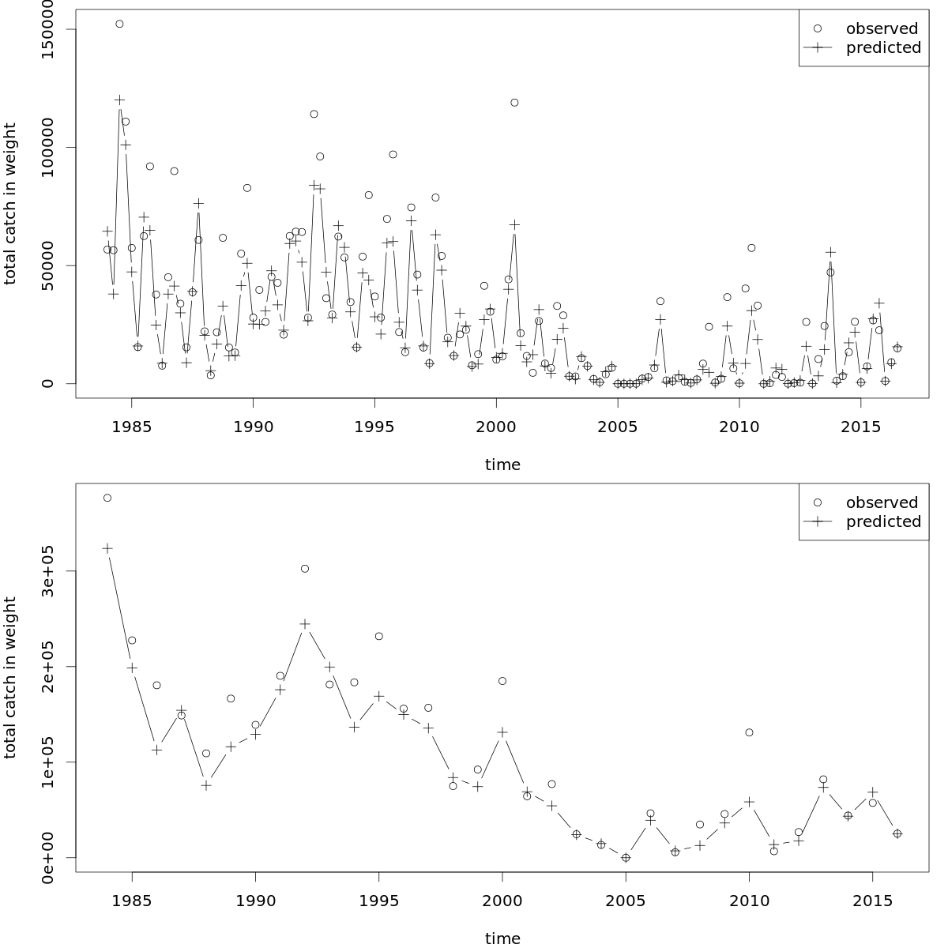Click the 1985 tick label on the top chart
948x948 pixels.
pyautogui.click(x=131, y=427)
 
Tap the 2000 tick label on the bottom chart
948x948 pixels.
pyautogui.click(x=502, y=901)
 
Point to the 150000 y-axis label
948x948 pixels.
pyautogui.click(x=47, y=29)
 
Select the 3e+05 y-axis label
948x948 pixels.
pyautogui.click(x=47, y=571)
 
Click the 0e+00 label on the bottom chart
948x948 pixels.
pyautogui.click(x=47, y=858)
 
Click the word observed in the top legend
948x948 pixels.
pyautogui.click(x=882, y=28)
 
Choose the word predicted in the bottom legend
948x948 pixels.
pyautogui.click(x=883, y=521)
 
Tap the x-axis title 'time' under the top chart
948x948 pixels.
pyautogui.click(x=502, y=465)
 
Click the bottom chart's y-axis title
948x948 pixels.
pyautogui.click(x=9, y=679)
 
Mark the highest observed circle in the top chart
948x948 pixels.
pyautogui.click(x=119, y=24)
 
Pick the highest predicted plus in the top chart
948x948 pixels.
pyautogui.click(x=119, y=100)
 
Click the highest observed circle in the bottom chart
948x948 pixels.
pyautogui.click(x=107, y=498)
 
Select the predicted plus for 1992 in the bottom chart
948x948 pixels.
pyautogui.click(x=305, y=624)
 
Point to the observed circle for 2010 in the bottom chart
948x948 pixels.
pyautogui.click(x=749, y=732)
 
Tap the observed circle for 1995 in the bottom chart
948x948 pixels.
pyautogui.click(x=379, y=636)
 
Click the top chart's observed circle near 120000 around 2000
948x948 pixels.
pyautogui.click(x=514, y=103)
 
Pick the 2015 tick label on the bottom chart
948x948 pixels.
pyautogui.click(x=872, y=901)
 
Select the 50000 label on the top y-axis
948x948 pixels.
pyautogui.click(x=47, y=265)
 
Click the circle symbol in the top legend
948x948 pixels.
pyautogui.click(x=818, y=28)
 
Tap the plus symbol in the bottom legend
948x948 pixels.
pyautogui.click(x=818, y=521)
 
